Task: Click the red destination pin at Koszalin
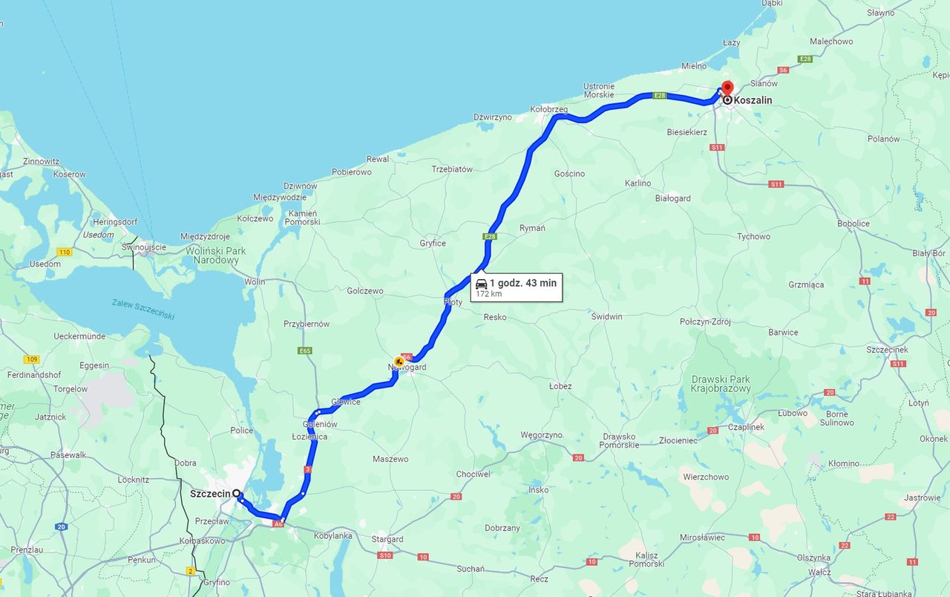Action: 727,88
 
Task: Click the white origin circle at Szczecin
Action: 236,493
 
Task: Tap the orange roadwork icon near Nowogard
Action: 399,361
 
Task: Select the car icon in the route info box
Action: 482,284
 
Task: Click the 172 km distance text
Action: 489,294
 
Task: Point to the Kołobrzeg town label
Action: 548,109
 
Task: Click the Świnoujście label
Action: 144,247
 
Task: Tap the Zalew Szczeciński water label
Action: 143,309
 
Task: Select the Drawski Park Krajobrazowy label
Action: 720,384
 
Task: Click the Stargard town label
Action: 387,539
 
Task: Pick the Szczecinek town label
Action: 887,349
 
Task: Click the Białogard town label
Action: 672,198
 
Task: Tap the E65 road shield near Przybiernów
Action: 305,350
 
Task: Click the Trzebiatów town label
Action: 452,169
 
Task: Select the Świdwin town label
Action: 606,316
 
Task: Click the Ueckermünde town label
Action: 79,336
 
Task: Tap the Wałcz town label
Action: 819,572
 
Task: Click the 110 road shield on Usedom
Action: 65,252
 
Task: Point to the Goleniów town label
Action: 320,424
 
